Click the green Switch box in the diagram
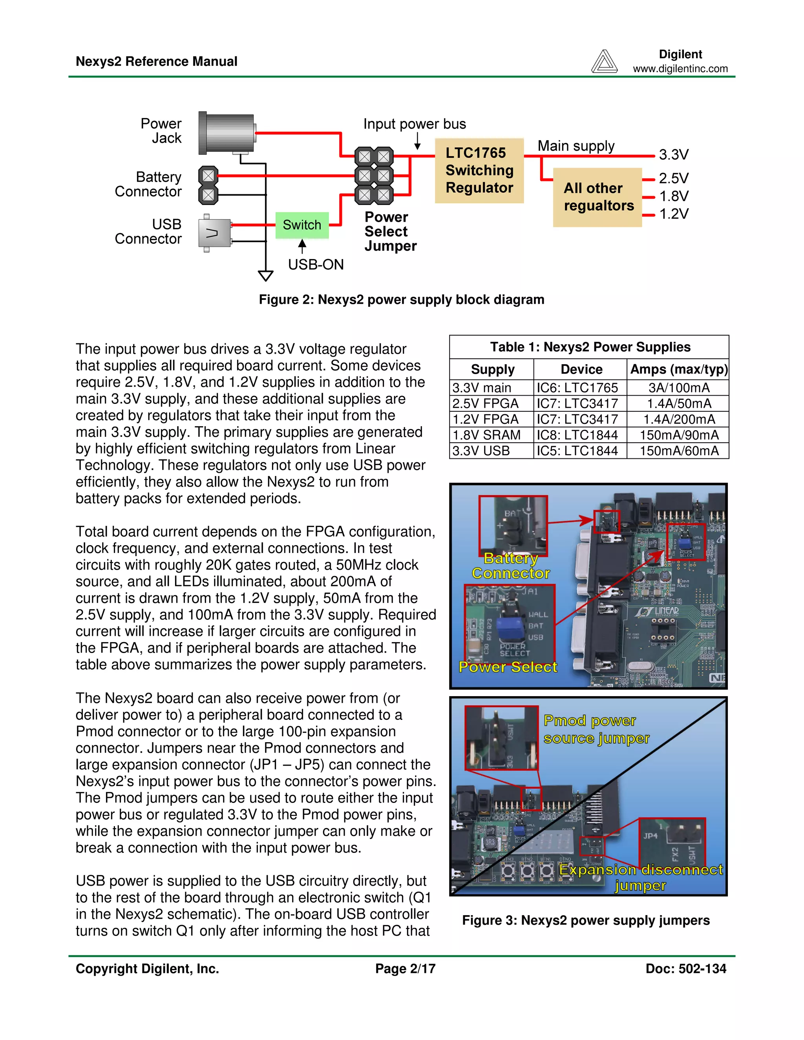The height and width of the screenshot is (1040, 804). (302, 225)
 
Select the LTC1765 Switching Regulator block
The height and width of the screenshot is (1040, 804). (479, 170)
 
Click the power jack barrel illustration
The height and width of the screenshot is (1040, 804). (227, 134)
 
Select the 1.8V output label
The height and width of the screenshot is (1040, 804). (674, 196)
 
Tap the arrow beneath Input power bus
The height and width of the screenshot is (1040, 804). (417, 141)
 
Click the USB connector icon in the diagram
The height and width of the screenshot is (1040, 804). (215, 233)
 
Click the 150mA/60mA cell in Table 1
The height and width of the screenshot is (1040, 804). (679, 451)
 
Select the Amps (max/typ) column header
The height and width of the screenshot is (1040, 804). (679, 370)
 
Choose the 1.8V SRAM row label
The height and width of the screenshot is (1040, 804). (486, 435)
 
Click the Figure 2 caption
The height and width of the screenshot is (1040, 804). (402, 299)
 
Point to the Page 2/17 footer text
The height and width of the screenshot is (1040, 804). (405, 969)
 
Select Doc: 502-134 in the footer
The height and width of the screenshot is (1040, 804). (685, 969)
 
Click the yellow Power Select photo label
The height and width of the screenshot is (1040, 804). (508, 667)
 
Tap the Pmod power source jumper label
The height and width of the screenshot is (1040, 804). (596, 729)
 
